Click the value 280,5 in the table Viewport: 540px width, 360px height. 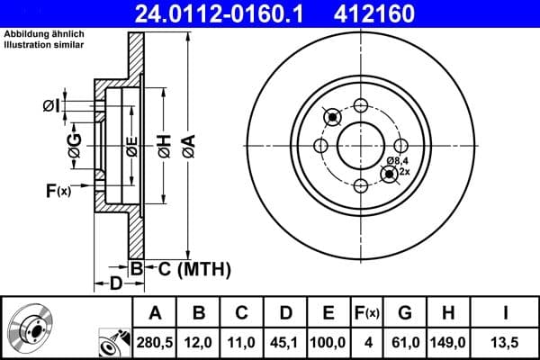click(156, 341)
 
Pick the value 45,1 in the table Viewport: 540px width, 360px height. click(285, 341)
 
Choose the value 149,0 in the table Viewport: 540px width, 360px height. click(447, 341)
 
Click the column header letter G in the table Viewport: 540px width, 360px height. click(404, 313)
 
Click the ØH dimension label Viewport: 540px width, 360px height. click(164, 144)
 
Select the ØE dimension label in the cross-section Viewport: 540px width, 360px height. click(131, 144)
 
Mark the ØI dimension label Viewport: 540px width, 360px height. click(51, 106)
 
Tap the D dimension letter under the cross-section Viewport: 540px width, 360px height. click(115, 284)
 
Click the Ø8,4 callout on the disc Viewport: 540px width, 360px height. click(398, 161)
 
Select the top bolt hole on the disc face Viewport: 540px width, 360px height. click(362, 105)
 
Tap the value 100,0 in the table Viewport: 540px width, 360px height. click(328, 341)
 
